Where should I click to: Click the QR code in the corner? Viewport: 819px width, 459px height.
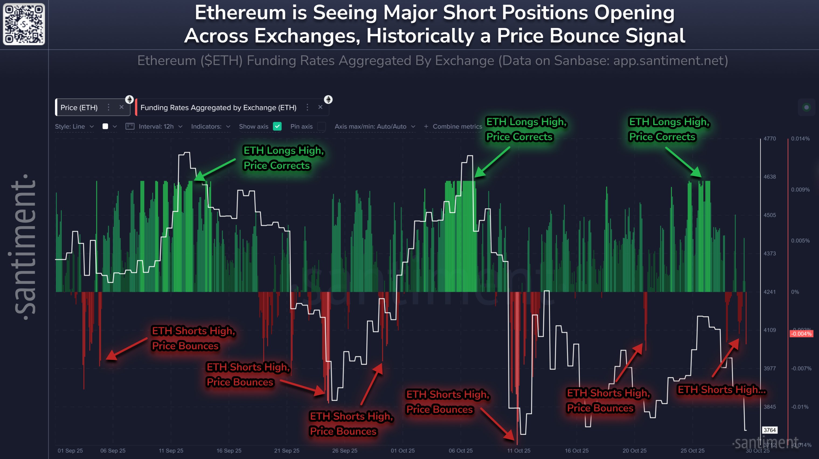(24, 24)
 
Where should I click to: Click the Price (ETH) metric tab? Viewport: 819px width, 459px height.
(79, 107)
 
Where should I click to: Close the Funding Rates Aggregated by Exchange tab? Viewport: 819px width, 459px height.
(320, 107)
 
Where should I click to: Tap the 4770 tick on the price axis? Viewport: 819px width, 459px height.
(769, 139)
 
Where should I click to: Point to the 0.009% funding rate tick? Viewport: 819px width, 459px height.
(800, 189)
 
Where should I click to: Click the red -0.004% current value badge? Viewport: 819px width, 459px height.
(801, 333)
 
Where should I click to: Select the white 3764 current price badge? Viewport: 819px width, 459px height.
(769, 430)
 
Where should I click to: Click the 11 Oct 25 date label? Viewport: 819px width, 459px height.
(519, 450)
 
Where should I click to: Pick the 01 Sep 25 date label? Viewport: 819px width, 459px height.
(70, 450)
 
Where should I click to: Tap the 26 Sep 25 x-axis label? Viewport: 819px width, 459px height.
(345, 450)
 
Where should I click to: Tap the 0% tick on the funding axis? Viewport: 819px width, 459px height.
(795, 292)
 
